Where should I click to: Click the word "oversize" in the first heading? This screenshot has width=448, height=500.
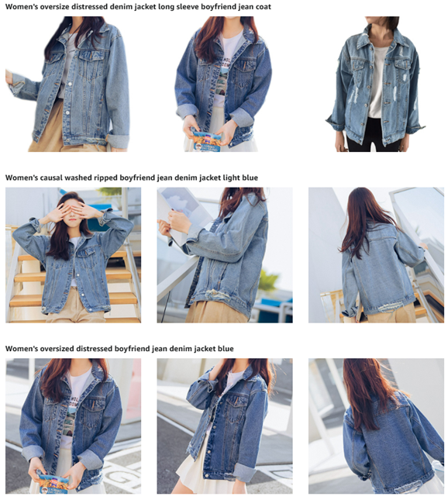point(54,7)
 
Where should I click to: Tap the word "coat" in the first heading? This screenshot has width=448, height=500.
point(263,7)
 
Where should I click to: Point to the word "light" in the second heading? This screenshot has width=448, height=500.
point(231,178)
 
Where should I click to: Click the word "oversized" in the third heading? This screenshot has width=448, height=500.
point(56,349)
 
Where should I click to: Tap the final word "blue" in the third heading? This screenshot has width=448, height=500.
point(226,349)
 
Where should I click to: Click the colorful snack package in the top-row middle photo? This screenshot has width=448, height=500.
point(206,140)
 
